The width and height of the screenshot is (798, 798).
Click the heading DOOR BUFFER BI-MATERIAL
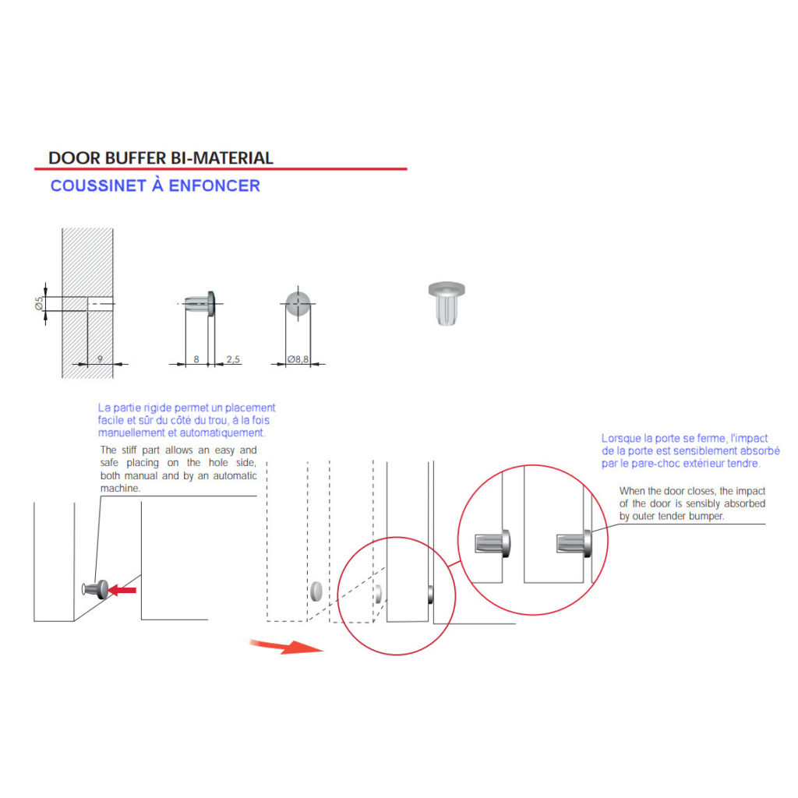tap(161, 157)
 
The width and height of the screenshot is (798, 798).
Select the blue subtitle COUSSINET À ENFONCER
tap(155, 185)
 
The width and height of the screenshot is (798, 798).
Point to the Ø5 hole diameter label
tap(39, 304)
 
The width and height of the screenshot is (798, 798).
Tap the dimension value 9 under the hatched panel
tap(100, 358)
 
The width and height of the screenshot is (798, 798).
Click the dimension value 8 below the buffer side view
tap(196, 359)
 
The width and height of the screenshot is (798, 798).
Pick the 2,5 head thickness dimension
tap(233, 359)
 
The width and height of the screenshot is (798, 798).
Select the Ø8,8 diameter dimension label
tap(298, 359)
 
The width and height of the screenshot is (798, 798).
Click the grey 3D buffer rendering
tap(447, 303)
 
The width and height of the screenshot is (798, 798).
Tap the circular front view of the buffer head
tap(298, 304)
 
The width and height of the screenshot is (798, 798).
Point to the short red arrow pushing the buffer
tap(122, 591)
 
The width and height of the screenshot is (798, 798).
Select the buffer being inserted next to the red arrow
tap(95, 589)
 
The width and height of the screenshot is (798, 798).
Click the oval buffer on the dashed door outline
tap(316, 591)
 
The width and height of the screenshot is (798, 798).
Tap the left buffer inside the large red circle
tap(493, 542)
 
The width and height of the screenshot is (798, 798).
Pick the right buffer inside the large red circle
tap(574, 543)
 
